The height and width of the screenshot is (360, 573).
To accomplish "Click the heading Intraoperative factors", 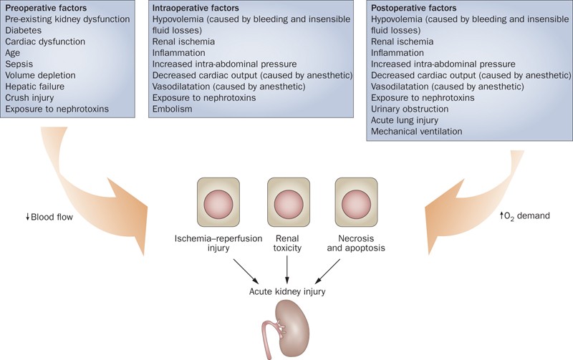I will tap(192, 8).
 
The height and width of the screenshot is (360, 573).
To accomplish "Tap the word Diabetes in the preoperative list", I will tap(24, 31).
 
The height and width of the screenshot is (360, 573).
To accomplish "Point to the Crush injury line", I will tap(29, 97).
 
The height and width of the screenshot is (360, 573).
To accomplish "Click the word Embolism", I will tap(173, 109).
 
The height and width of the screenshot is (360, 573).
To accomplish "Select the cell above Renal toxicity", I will tap(288, 199).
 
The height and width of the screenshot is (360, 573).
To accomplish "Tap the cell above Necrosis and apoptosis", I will tap(357, 199).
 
